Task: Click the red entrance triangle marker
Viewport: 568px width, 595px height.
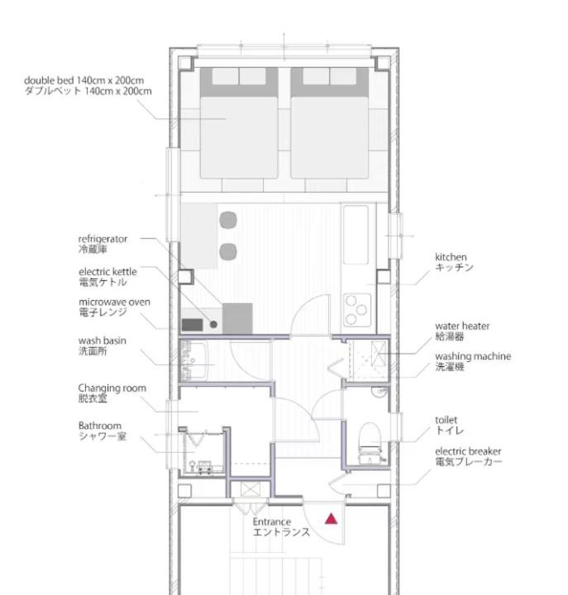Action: tap(331, 519)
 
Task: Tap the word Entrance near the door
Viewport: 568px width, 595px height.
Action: tap(272, 521)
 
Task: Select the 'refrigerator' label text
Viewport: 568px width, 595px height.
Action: tap(103, 239)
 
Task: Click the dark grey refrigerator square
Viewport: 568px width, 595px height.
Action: tap(237, 318)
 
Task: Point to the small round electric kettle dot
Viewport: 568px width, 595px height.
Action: tap(213, 325)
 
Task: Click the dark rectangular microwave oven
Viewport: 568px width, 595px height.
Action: tap(192, 325)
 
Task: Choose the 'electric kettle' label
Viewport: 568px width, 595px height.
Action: tap(107, 272)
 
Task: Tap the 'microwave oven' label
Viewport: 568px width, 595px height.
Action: tap(115, 302)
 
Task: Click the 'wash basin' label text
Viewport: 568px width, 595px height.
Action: tap(103, 340)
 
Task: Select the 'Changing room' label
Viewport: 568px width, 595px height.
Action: tap(112, 388)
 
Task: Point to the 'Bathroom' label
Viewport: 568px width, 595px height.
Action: tap(100, 426)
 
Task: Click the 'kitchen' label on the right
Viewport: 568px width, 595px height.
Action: tap(451, 257)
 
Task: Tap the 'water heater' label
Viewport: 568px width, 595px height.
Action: tap(462, 326)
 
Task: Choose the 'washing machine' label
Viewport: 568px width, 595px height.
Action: tap(473, 356)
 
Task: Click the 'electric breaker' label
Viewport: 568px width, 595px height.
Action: tap(468, 451)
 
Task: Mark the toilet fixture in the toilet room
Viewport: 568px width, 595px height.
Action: tap(370, 442)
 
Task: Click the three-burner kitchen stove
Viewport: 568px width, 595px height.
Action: tap(357, 310)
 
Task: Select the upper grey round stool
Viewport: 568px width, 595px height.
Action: tap(228, 220)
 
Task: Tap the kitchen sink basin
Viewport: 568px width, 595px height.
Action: tap(356, 235)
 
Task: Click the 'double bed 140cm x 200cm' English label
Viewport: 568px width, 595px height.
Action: tap(84, 80)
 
